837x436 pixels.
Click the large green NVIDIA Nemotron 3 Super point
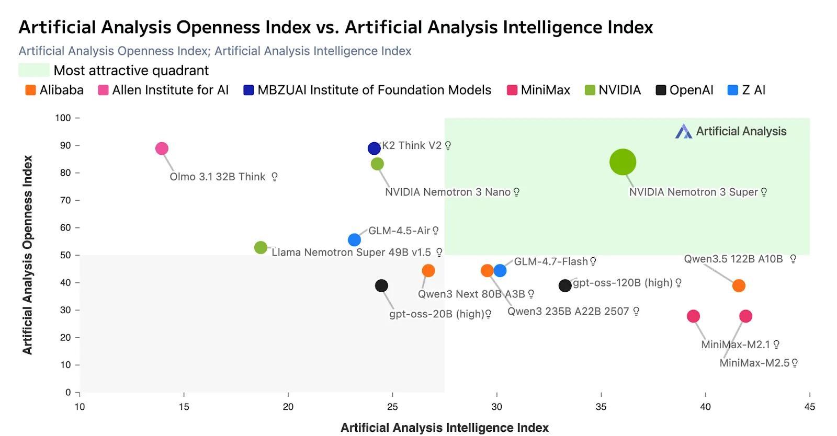coord(623,162)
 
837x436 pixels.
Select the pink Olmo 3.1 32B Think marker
coord(162,148)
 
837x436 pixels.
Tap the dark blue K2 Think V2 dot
coord(374,148)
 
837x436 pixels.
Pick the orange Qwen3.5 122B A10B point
coord(739,285)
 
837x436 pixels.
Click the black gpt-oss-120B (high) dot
coord(564,285)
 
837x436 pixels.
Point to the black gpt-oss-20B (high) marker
coord(381,285)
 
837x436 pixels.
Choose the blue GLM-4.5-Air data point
coord(354,240)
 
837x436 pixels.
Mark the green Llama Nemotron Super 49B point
coord(261,247)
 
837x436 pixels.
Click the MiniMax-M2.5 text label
coord(754,363)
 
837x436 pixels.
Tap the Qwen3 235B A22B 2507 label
coord(568,312)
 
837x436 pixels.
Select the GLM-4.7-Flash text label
coord(551,261)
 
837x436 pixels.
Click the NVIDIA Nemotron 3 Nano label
coord(448,192)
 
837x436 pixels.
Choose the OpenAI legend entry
coord(691,90)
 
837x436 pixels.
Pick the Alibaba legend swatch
coord(31,90)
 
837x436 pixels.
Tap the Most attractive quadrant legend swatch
coord(34,70)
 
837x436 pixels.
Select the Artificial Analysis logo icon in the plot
coord(683,131)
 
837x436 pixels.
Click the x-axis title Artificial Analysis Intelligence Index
coord(445,428)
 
